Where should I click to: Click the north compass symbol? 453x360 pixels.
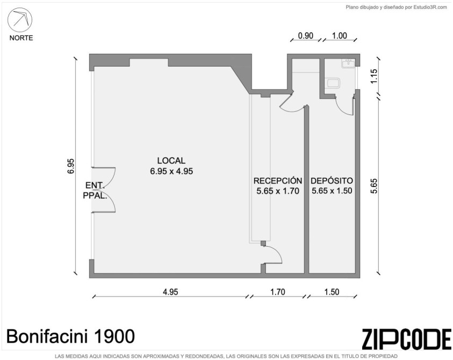coord(20,20)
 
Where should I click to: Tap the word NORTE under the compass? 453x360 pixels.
coord(21,38)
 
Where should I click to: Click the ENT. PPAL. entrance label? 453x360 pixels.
coord(95,190)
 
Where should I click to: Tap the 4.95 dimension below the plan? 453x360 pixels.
coord(170,292)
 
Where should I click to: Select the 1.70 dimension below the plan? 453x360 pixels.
coord(278,292)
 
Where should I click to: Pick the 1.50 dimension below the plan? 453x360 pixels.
coord(332,292)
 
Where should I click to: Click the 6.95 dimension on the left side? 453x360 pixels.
coord(71,166)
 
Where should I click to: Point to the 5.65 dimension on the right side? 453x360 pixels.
coord(374,186)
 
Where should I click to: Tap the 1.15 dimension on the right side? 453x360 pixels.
coord(374,76)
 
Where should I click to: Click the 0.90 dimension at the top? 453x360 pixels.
coord(305,36)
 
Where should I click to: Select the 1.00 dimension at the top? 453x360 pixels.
coord(339,36)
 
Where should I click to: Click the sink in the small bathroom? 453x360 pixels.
coord(348,63)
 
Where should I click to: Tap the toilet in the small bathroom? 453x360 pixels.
coord(334,83)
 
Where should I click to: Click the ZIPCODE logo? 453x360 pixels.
coord(406,339)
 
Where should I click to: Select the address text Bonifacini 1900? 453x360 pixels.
coord(70,336)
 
